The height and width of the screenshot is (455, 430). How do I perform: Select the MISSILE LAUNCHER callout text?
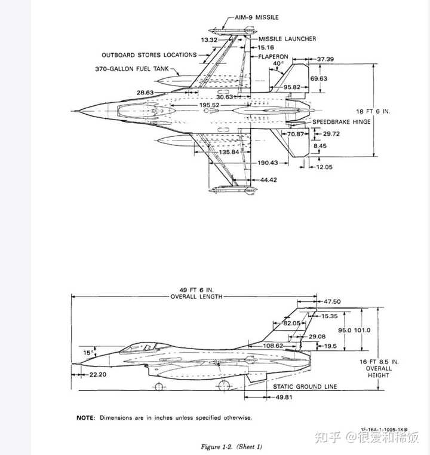point(288,39)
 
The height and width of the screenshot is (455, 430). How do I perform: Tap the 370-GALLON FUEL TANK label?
point(132,69)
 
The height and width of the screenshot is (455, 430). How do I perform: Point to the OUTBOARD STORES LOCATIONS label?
point(149,54)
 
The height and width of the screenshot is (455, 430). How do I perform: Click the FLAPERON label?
point(274,57)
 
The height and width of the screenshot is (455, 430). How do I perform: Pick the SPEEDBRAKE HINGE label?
point(342,121)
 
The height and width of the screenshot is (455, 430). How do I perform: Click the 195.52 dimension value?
point(209,105)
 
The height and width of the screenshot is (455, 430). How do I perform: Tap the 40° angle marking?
point(278,63)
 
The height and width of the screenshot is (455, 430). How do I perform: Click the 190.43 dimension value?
point(269,163)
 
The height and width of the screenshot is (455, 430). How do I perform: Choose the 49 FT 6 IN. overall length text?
point(196,293)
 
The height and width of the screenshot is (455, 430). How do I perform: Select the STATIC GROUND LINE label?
point(305,386)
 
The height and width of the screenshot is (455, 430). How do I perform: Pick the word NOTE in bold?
point(85,417)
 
